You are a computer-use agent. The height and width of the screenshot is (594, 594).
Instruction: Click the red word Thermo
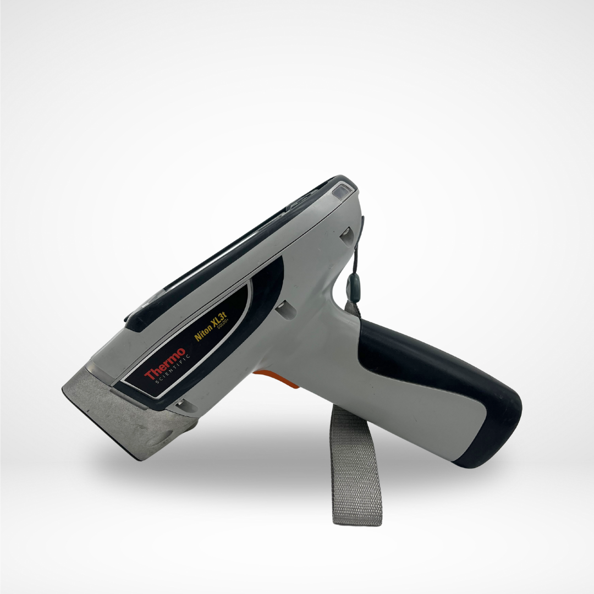(165, 366)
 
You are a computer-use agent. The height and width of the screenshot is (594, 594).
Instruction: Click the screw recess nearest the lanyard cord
(346, 237)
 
